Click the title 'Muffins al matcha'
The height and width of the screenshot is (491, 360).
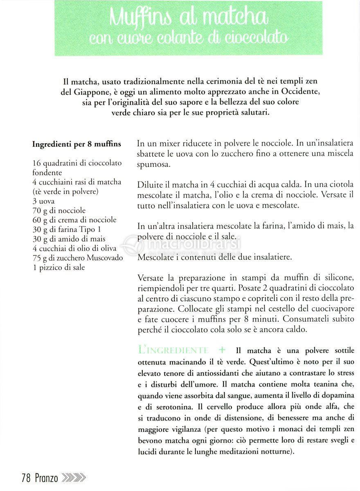(189, 17)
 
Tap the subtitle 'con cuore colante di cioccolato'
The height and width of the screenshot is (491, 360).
(189, 38)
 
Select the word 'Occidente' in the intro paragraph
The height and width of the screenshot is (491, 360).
(296, 92)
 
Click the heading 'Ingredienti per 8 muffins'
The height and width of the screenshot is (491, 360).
(76, 144)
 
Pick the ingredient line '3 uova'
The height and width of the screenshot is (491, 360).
(43, 201)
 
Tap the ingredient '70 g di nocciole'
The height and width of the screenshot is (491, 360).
(59, 211)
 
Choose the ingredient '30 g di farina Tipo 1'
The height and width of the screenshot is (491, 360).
(67, 230)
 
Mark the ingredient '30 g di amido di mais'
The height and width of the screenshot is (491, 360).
(69, 239)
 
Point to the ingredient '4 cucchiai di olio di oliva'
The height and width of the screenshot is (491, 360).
(74, 248)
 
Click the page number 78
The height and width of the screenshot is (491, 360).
(26, 478)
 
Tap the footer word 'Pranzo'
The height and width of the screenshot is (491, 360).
(46, 478)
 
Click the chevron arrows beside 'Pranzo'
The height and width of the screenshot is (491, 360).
(73, 477)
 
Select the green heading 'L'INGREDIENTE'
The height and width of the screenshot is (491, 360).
(173, 350)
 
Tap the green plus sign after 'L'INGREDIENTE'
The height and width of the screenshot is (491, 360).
(222, 350)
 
